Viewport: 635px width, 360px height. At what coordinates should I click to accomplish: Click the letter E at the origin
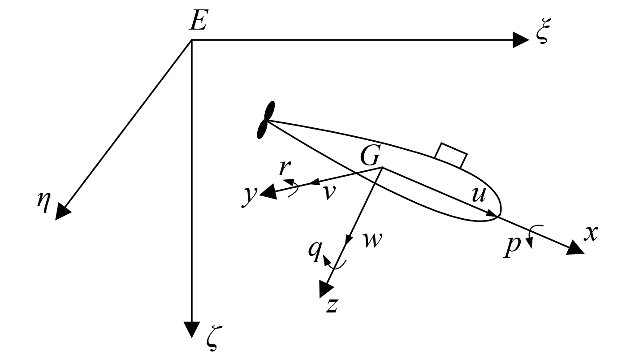coord(198,20)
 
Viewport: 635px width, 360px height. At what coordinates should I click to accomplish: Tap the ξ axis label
coord(542,35)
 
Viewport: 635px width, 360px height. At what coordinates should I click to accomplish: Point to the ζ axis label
coord(212,340)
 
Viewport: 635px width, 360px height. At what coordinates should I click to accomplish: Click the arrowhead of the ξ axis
coord(521,40)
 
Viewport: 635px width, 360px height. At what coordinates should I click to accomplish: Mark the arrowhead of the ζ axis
coord(192,329)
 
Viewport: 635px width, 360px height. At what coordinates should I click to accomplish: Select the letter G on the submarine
coord(370,156)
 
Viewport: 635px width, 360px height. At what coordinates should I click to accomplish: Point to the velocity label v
coord(329,192)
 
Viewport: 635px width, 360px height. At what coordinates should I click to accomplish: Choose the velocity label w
coord(372,240)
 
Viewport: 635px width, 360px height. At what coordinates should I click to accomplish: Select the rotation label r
coord(284,167)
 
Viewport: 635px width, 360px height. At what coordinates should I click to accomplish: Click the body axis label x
coord(591,233)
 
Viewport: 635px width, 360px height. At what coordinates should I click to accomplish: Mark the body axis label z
coord(331,306)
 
